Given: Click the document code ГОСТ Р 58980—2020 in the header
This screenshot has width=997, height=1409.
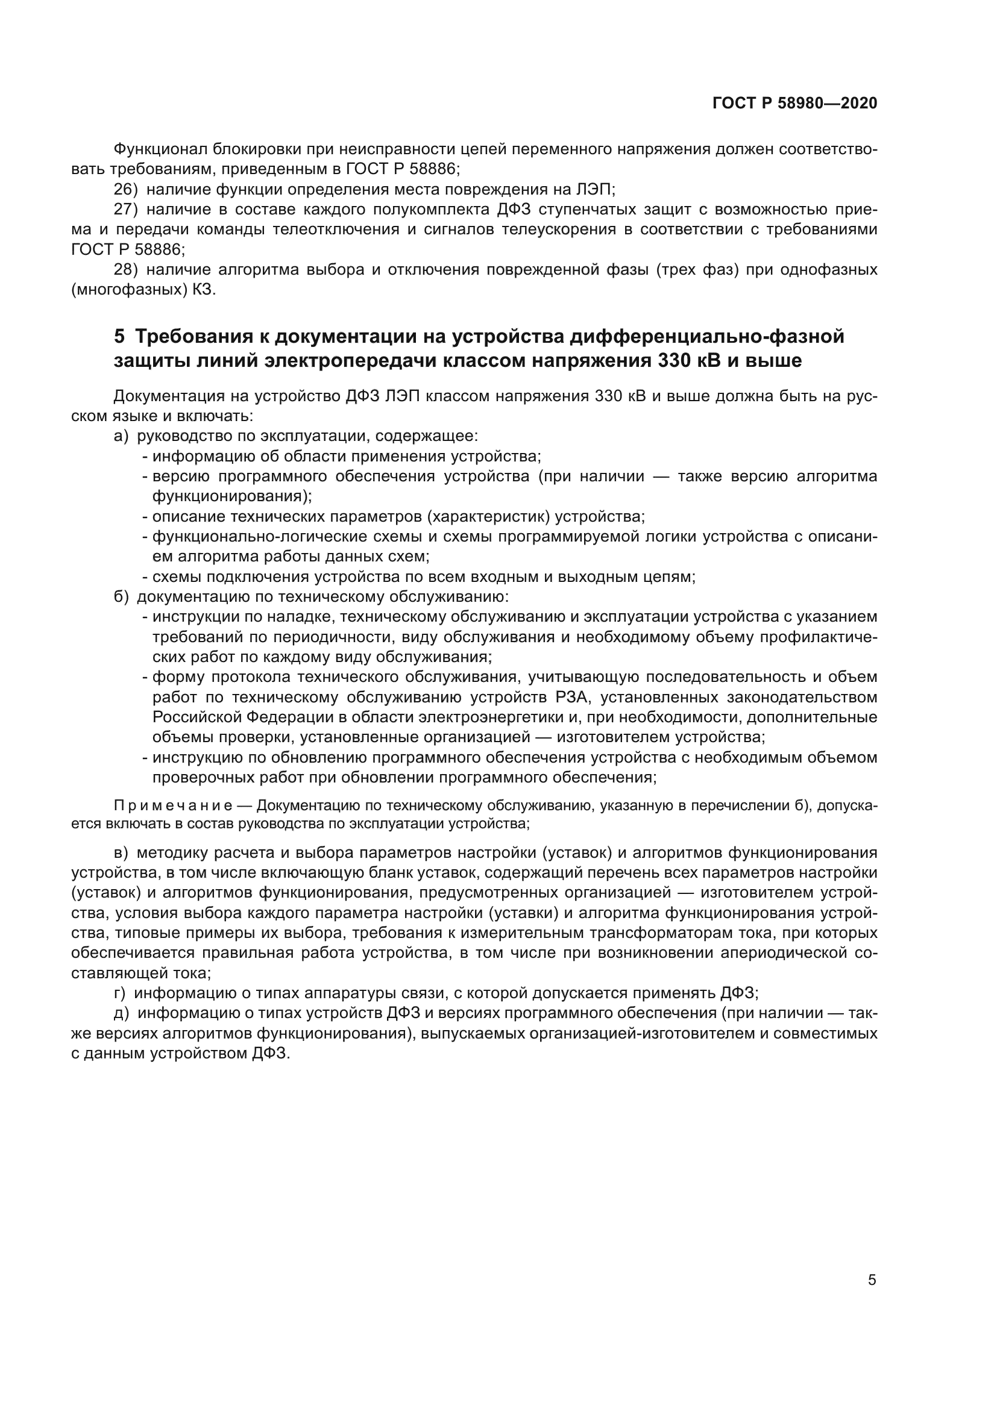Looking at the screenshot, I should pyautogui.click(x=794, y=103).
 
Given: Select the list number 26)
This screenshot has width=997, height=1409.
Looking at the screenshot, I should pyautogui.click(x=126, y=189).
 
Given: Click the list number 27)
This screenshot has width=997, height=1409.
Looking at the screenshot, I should pyautogui.click(x=126, y=209).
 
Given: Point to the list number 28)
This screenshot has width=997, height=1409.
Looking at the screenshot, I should pyautogui.click(x=126, y=269).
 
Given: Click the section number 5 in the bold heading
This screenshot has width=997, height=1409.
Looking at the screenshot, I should pyautogui.click(x=119, y=336).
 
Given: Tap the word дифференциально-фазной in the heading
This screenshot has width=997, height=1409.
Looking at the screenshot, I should pyautogui.click(x=706, y=336).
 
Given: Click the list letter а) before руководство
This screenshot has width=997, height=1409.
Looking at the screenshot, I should pyautogui.click(x=121, y=436).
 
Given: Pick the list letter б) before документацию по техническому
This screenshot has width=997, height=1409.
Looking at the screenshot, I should pyautogui.click(x=121, y=596).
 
